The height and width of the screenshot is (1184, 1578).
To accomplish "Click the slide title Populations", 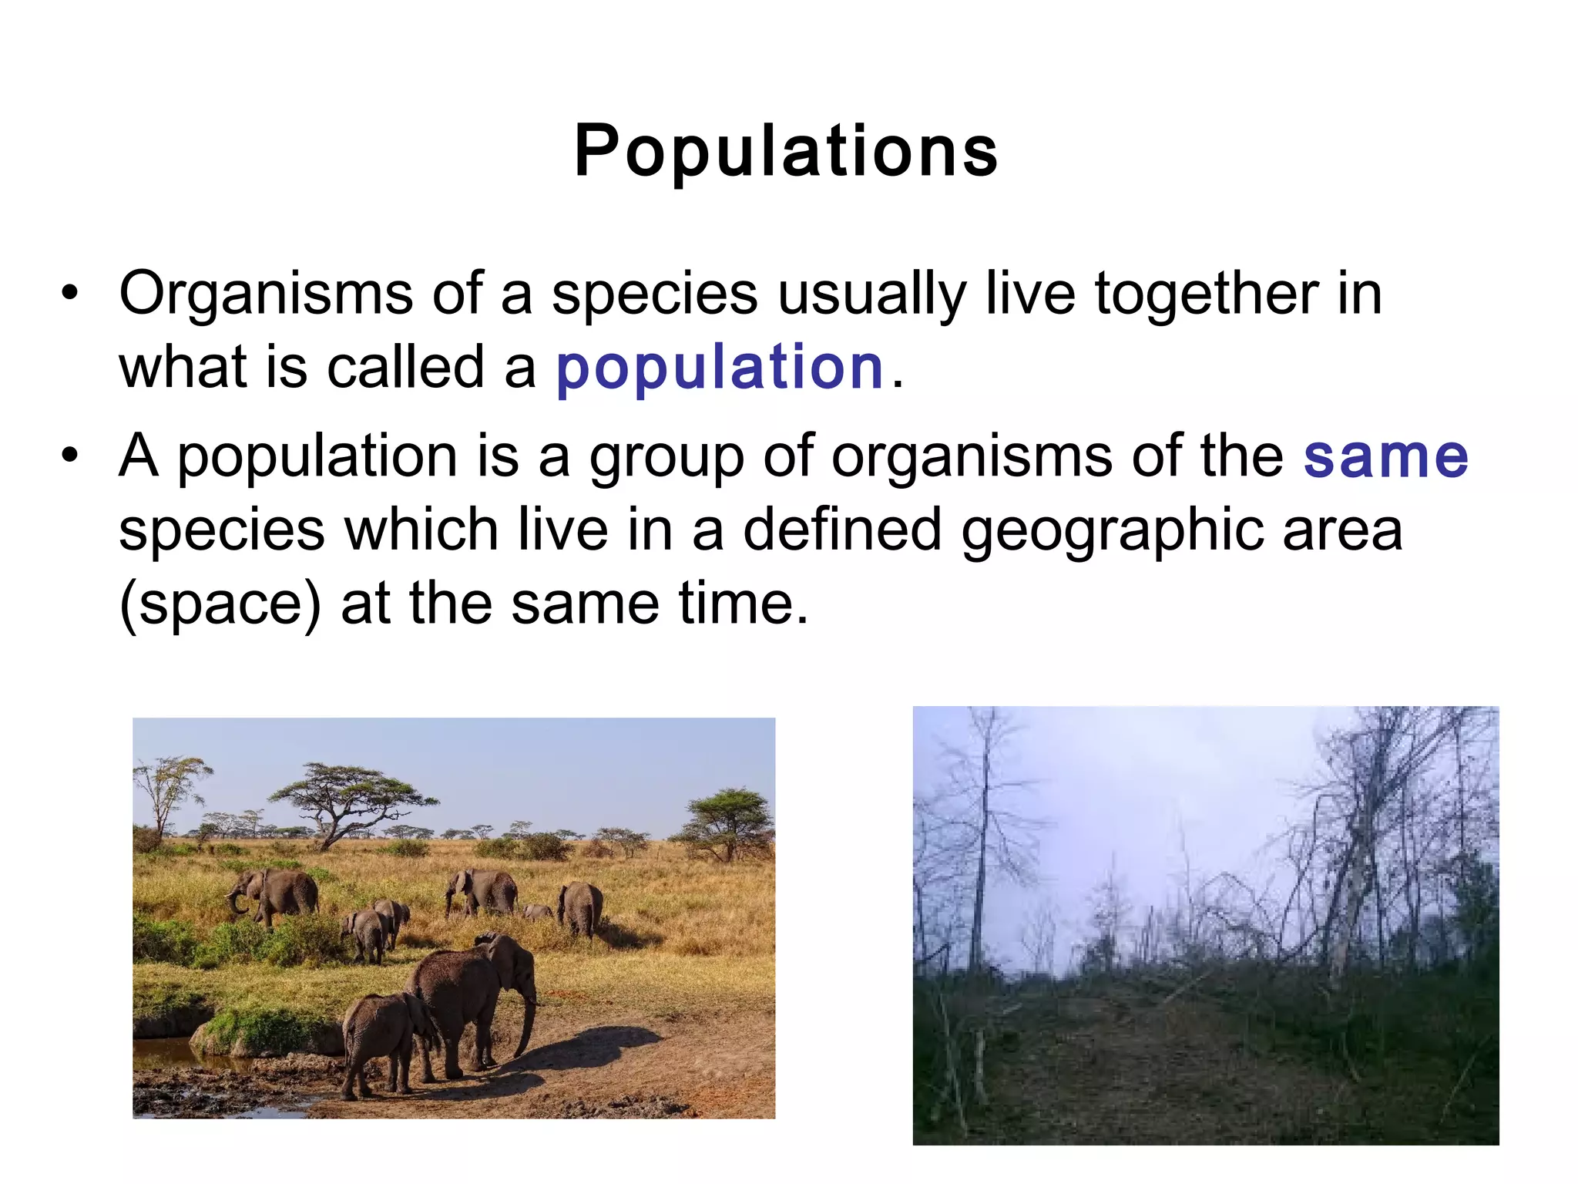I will [786, 151].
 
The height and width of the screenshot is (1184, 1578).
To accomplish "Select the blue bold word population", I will [719, 368].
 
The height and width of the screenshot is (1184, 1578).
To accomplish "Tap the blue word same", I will [1385, 456].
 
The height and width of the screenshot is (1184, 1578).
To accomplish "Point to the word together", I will [1206, 294].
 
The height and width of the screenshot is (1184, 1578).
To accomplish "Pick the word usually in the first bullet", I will [871, 294].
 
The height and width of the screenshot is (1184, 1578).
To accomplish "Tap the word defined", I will [842, 530].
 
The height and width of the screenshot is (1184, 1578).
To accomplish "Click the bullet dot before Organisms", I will [70, 294].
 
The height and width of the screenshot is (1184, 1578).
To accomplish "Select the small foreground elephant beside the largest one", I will [385, 1041].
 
